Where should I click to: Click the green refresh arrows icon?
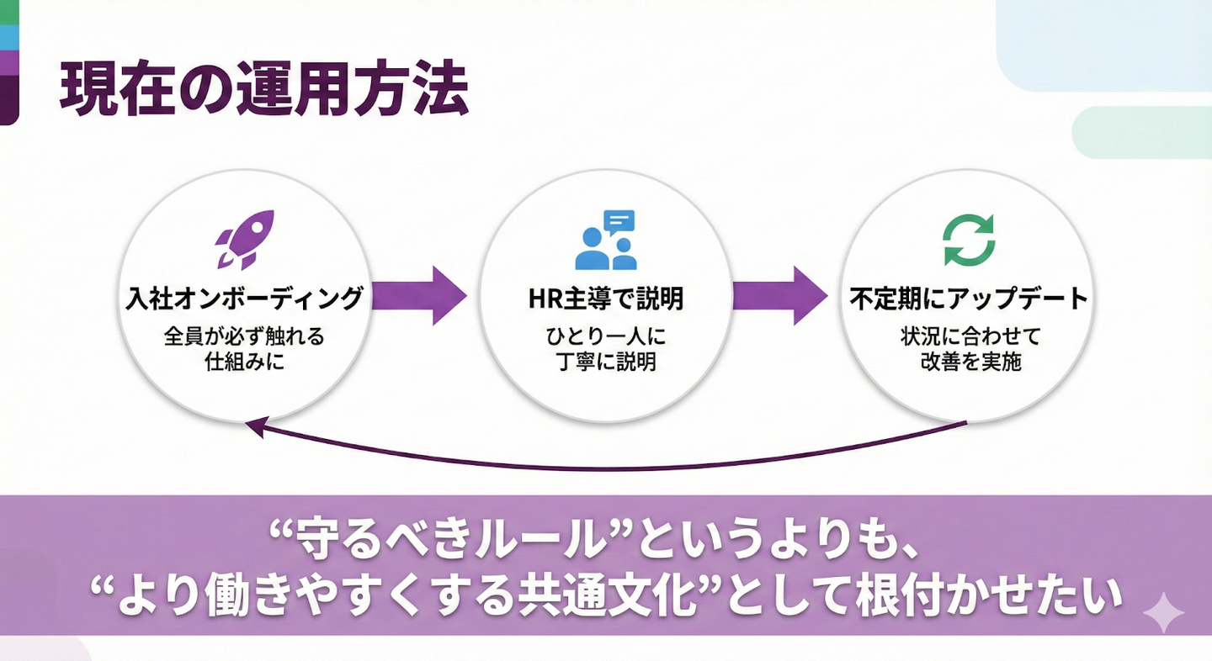click(969, 240)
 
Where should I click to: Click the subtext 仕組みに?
click(244, 364)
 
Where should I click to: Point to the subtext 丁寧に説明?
click(606, 364)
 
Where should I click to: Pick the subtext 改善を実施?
click(969, 364)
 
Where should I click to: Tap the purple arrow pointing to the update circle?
click(780, 295)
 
